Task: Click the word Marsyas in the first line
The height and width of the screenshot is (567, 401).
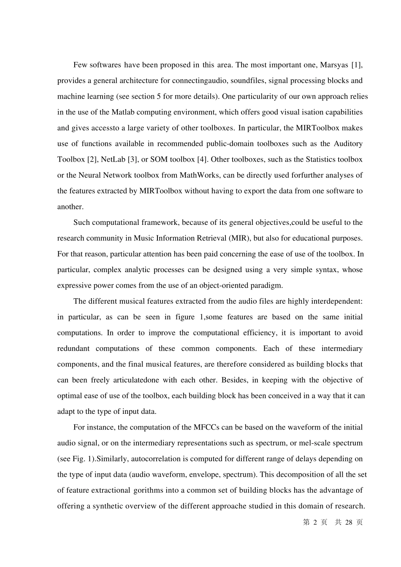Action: coord(334,65)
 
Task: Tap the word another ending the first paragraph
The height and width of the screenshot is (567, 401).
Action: coord(70,207)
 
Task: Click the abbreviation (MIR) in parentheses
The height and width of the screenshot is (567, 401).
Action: coord(239,238)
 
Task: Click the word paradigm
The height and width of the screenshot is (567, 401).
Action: coord(266,286)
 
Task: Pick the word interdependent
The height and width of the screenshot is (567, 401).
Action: coord(336,301)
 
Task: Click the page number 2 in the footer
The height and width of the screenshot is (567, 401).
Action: coord(315,522)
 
